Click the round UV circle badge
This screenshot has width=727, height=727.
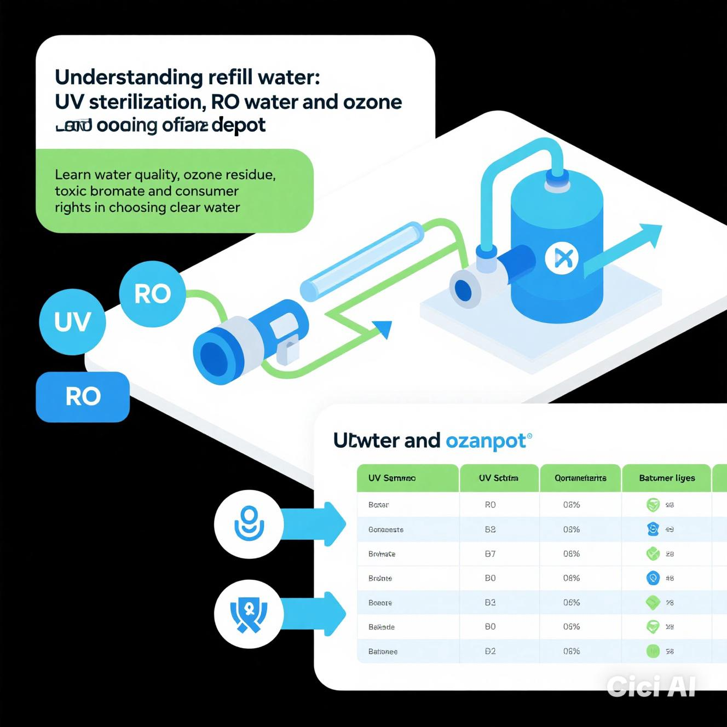(72, 322)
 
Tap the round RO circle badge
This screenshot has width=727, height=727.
(152, 294)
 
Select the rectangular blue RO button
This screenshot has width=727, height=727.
(83, 396)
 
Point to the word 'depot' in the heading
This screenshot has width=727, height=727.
(238, 125)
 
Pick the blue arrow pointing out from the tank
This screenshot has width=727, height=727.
(624, 249)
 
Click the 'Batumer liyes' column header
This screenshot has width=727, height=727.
(667, 478)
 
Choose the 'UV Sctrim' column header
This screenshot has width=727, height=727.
(498, 478)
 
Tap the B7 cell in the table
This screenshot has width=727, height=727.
(490, 554)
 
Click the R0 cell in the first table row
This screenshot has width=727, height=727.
(490, 505)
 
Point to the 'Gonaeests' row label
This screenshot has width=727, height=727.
(386, 529)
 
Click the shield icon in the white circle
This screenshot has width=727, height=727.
(249, 614)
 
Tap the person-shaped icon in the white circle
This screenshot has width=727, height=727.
(249, 523)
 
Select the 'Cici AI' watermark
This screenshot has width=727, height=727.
(651, 686)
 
